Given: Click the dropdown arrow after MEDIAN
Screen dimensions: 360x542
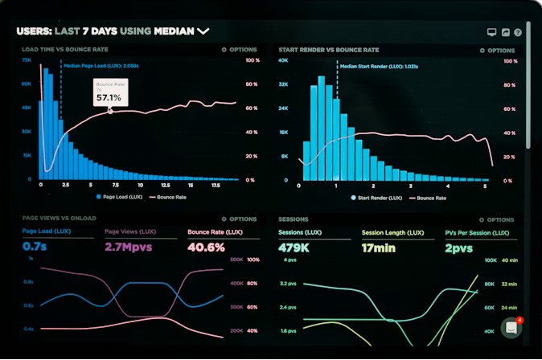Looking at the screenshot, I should [x=203, y=31].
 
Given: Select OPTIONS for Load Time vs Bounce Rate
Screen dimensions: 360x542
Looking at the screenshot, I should [x=240, y=50].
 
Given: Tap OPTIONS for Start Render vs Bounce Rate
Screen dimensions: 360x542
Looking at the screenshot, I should [x=496, y=50].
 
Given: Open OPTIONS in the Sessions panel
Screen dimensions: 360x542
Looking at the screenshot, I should [x=496, y=219].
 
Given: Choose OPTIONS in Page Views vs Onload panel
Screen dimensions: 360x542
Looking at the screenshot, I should [x=240, y=219].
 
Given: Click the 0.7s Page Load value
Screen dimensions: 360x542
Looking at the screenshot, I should [x=35, y=247].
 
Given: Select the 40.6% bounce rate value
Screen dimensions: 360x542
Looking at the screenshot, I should [x=206, y=247].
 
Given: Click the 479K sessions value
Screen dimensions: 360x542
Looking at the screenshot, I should [x=295, y=247].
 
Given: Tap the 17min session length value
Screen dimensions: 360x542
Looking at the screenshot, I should [x=379, y=247].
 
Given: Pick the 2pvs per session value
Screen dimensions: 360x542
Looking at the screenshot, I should [x=459, y=247].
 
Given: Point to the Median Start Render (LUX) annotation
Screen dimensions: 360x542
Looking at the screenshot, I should [x=378, y=67].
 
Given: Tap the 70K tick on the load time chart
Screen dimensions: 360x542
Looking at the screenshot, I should [x=27, y=60].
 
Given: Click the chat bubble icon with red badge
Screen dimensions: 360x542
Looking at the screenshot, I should [x=511, y=328].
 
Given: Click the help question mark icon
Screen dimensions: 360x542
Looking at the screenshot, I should [x=518, y=32].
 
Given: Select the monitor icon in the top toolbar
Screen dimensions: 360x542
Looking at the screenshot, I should [x=491, y=32].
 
